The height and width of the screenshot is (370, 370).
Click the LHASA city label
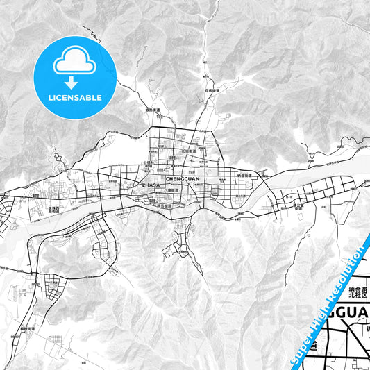point(150,185)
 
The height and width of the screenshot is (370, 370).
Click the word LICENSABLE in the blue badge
point(76,97)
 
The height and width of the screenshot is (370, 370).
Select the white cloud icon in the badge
point(75,61)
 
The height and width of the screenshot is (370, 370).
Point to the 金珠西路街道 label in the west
point(53,208)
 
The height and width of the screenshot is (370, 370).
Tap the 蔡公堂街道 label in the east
point(299,206)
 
